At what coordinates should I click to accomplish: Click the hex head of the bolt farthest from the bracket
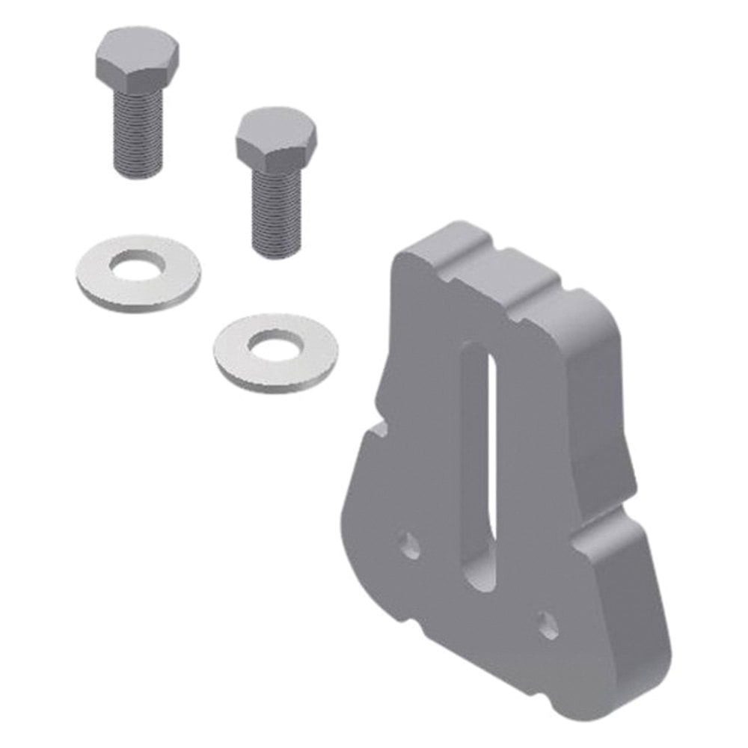click(136, 57)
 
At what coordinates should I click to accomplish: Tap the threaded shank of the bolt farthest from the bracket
click(138, 131)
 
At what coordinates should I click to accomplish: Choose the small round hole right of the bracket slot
click(548, 625)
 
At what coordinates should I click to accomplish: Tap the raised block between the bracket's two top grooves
click(533, 269)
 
